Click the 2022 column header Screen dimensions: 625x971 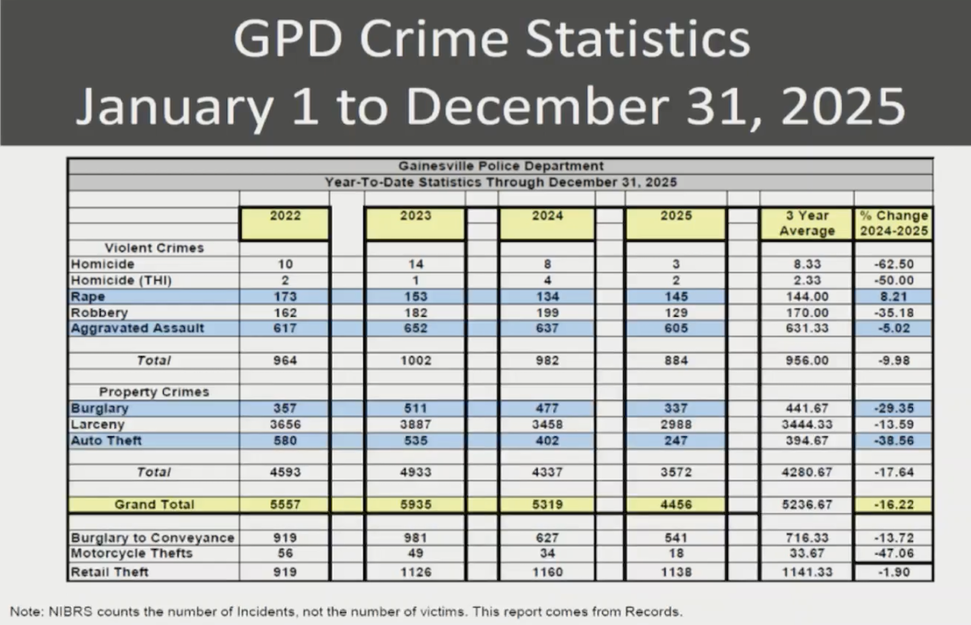tap(285, 217)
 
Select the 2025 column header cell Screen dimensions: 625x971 tap(675, 217)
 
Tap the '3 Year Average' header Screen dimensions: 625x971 tap(807, 224)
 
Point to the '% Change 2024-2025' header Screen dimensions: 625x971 tap(894, 224)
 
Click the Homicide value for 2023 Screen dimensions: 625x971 tap(415, 265)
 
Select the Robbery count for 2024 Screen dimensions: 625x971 tap(547, 312)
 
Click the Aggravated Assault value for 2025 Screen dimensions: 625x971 tap(675, 328)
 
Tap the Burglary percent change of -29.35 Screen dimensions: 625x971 tap(894, 408)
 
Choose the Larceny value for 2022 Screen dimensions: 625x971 tap(285, 424)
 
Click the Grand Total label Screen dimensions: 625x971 tap(154, 505)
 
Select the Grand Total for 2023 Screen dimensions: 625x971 tap(415, 505)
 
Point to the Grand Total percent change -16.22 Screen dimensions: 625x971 tap(894, 505)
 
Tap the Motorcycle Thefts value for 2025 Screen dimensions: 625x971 tap(675, 553)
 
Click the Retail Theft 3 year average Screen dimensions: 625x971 tap(807, 571)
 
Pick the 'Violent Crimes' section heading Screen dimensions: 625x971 tap(154, 248)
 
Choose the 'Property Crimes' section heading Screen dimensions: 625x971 tap(154, 392)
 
